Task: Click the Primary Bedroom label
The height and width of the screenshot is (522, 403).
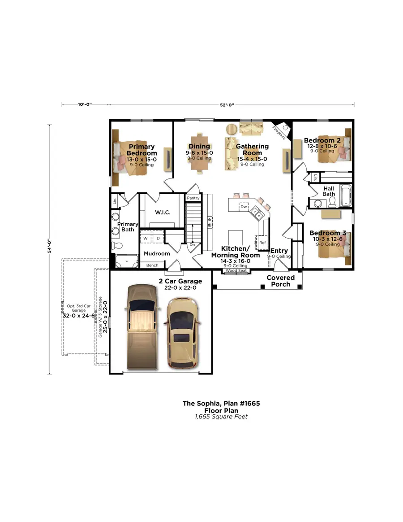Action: point(141,150)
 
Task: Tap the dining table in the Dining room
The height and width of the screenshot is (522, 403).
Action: point(199,155)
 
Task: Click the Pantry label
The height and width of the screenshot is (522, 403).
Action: point(193,198)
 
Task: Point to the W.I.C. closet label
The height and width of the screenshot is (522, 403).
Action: point(163,212)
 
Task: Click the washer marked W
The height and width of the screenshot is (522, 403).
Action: point(146,238)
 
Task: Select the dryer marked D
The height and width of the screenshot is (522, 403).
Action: point(158,238)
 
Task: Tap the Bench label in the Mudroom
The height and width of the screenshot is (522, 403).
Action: point(152,265)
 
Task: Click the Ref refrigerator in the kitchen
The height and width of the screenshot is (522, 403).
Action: point(262,243)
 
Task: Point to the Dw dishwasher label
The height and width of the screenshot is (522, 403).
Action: point(243,207)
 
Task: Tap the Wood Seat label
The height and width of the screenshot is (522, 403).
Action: point(236,271)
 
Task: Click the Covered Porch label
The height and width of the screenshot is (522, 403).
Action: point(281,281)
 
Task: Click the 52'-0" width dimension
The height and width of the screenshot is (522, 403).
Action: point(227,104)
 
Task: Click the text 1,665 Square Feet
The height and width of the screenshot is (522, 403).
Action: point(221,417)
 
